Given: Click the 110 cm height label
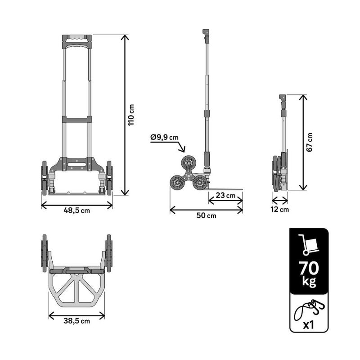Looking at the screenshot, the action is coord(131,115).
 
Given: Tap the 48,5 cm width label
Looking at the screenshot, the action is coord(76,210).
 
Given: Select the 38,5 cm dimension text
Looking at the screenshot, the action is coord(76,321).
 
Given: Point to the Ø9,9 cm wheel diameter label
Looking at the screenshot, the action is coord(164,137).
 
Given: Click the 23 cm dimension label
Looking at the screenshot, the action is coord(225,195).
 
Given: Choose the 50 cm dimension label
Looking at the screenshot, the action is coord(206,216).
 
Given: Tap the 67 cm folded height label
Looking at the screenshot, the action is coord(310,142).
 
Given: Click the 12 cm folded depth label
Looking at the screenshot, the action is coord(279,209).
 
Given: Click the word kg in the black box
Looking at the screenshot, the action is coord(309,282).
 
